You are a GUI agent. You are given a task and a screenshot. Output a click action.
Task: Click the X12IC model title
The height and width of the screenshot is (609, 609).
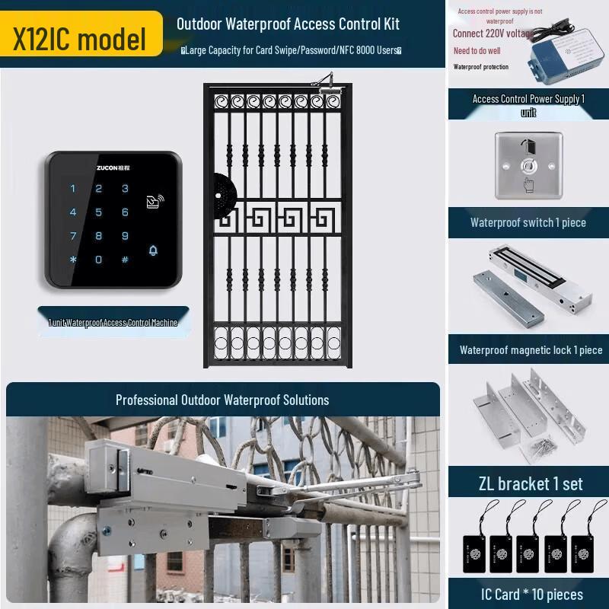[x=79, y=39]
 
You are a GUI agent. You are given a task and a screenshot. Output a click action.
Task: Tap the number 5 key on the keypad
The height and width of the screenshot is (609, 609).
[x=99, y=212]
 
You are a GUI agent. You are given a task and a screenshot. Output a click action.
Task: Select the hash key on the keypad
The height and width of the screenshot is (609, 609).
[x=125, y=260]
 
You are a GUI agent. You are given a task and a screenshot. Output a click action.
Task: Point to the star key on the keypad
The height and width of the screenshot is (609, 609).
[x=73, y=260]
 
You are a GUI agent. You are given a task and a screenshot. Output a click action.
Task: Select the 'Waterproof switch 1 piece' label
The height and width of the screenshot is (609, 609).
[x=528, y=223]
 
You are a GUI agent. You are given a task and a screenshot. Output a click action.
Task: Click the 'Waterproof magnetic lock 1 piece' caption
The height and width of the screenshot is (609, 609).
[x=531, y=351]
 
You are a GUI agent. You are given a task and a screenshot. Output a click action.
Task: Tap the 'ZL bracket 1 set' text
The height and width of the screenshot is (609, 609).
[x=531, y=483]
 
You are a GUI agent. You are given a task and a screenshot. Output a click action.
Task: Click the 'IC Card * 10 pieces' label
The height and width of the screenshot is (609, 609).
[x=531, y=595]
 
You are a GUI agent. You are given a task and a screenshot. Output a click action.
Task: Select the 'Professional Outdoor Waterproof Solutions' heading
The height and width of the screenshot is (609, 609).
[x=222, y=400]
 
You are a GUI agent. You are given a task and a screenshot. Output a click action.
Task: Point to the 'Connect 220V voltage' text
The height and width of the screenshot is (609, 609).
[x=493, y=33]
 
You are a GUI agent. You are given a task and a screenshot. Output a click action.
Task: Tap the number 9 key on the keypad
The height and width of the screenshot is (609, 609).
[x=125, y=236]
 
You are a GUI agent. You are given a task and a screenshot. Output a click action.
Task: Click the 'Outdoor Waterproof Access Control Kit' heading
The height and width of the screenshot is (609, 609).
[x=288, y=24]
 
